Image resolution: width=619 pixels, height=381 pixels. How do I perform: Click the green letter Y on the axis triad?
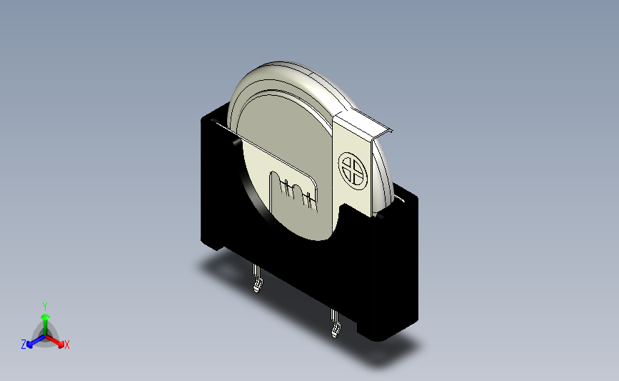(44, 307)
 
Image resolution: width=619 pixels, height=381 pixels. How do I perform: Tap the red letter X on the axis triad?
(66, 345)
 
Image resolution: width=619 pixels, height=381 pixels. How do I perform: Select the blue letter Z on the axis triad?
(24, 345)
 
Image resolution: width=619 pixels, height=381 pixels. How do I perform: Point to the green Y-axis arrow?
(46, 325)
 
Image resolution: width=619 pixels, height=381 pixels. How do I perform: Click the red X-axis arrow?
(54, 342)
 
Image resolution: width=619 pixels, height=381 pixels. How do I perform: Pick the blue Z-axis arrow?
(36, 342)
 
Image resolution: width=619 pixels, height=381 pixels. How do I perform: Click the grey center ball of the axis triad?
(46, 337)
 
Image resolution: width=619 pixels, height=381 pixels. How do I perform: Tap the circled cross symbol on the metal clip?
(353, 171)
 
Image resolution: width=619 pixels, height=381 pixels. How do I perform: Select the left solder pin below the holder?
(258, 279)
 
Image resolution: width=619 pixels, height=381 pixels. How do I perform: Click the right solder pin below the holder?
(336, 323)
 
